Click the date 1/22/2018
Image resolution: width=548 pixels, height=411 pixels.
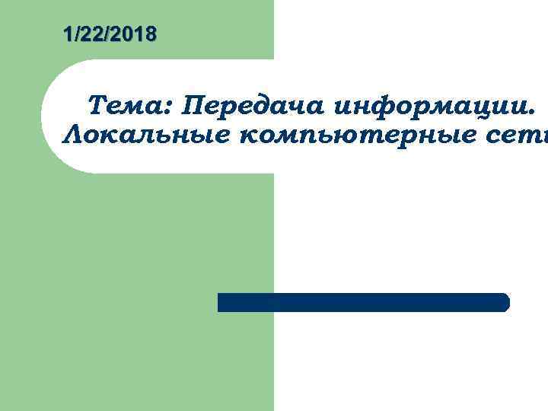110,34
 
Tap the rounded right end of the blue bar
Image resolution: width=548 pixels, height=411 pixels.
505,302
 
